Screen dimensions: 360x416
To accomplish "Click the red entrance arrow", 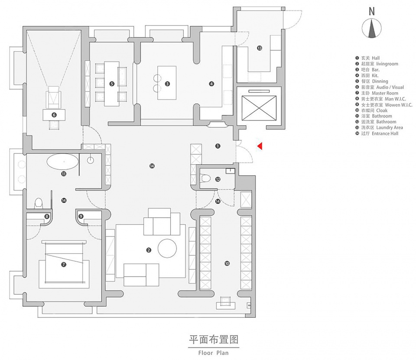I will [x=260, y=146].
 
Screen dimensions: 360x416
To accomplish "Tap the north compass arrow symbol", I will [x=371, y=29].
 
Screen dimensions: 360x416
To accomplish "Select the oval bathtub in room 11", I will [x=63, y=162].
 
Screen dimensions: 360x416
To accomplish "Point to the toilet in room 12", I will [x=206, y=178].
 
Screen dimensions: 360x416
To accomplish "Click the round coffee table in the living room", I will [x=167, y=248].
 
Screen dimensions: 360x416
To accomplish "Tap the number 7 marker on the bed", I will [x=64, y=264].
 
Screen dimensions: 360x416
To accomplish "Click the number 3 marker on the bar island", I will [x=167, y=84].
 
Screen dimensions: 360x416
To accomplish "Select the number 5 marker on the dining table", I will [x=112, y=84].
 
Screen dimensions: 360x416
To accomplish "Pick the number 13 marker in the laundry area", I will [x=259, y=48].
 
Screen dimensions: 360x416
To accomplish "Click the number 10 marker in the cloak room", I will [x=227, y=263].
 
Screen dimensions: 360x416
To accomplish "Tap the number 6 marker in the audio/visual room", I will [x=54, y=115].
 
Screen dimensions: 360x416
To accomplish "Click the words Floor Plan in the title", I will [x=213, y=352].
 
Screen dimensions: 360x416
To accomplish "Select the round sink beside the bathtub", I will [x=91, y=160].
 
